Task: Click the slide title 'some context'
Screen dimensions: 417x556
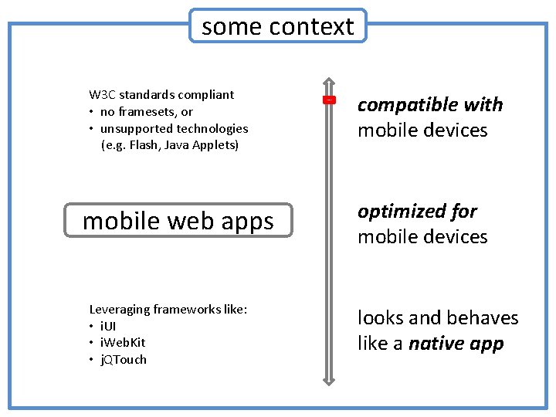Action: coord(277,26)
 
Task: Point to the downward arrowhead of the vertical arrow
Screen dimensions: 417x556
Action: coord(329,378)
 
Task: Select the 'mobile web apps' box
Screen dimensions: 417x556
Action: coord(178,221)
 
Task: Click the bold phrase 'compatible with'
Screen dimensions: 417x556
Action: coord(430,104)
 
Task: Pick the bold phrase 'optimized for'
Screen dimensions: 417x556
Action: coord(417,211)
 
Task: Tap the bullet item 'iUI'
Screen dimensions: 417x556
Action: coord(109,326)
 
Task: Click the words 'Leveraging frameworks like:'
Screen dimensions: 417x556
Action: coord(168,309)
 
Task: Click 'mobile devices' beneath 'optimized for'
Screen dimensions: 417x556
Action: coord(422,236)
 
